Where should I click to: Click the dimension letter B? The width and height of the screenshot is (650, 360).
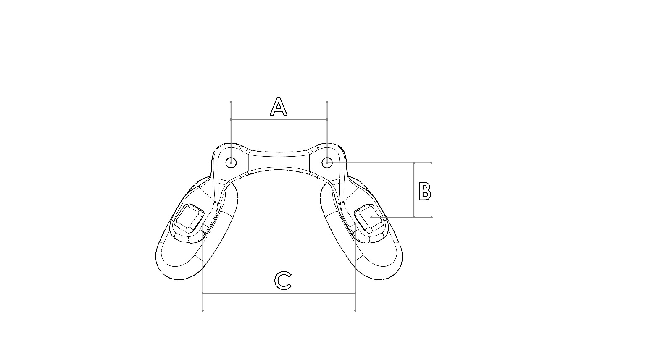(x=425, y=191)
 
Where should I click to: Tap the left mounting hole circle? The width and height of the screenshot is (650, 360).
(x=231, y=162)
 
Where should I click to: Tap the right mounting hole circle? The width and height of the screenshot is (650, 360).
(x=327, y=162)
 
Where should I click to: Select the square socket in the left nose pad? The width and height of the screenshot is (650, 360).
(x=187, y=218)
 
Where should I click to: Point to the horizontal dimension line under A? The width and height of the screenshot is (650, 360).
(x=279, y=119)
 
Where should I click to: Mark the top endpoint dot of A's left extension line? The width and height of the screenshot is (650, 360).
(x=231, y=102)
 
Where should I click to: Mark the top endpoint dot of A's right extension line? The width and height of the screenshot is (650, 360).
(x=327, y=102)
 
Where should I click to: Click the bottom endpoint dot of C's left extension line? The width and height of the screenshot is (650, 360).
(x=203, y=310)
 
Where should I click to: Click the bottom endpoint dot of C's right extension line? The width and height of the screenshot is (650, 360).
(x=355, y=310)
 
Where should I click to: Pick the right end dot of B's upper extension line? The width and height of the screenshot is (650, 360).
(x=432, y=163)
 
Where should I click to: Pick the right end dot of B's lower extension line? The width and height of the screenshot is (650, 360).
(x=432, y=217)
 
